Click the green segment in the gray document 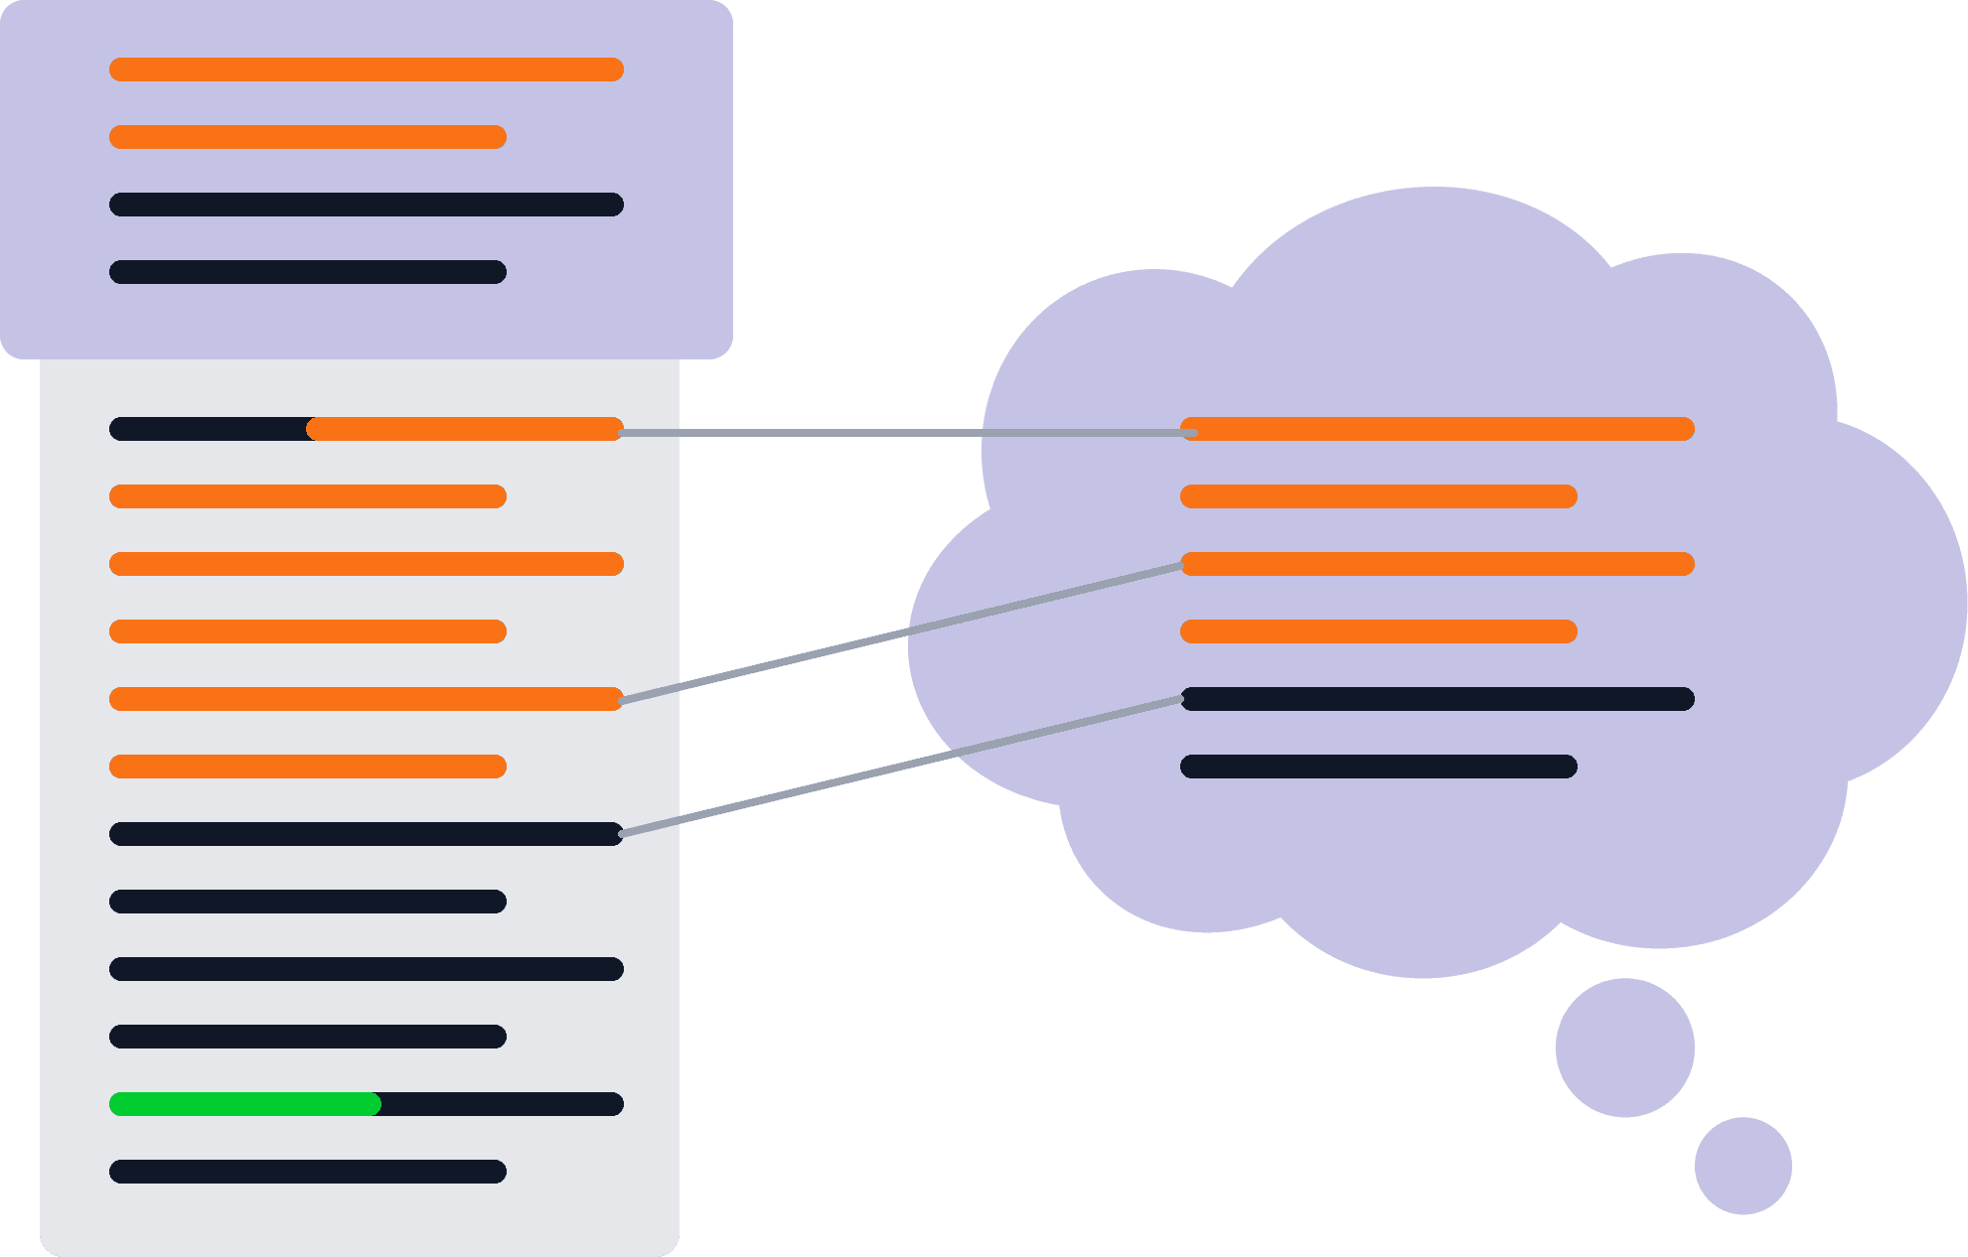tap(244, 1104)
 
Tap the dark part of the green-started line tap(502, 1104)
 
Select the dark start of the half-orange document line tap(209, 429)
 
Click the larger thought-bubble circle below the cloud tap(1624, 1047)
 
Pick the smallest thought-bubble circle tap(1742, 1166)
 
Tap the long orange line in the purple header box tap(366, 70)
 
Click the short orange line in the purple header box tap(308, 137)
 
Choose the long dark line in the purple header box tap(366, 205)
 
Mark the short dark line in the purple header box tap(308, 272)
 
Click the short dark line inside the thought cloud tap(1378, 767)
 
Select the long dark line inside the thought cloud tap(1437, 699)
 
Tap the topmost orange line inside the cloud tap(1437, 429)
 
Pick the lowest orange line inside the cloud tap(1378, 631)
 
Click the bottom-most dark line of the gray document tap(308, 1172)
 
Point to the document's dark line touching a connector tap(366, 834)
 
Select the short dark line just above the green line tap(308, 1037)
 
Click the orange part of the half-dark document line tap(465, 429)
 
